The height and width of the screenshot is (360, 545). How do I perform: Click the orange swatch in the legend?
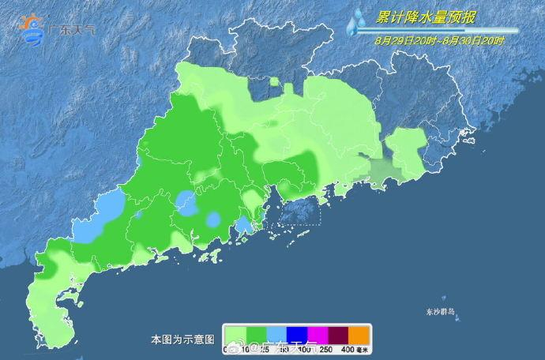[x=359, y=334]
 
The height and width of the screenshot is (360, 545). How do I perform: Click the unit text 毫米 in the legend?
[x=363, y=349]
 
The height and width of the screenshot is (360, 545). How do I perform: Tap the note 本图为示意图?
[x=182, y=339]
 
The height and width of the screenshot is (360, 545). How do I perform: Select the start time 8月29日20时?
[x=397, y=39]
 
